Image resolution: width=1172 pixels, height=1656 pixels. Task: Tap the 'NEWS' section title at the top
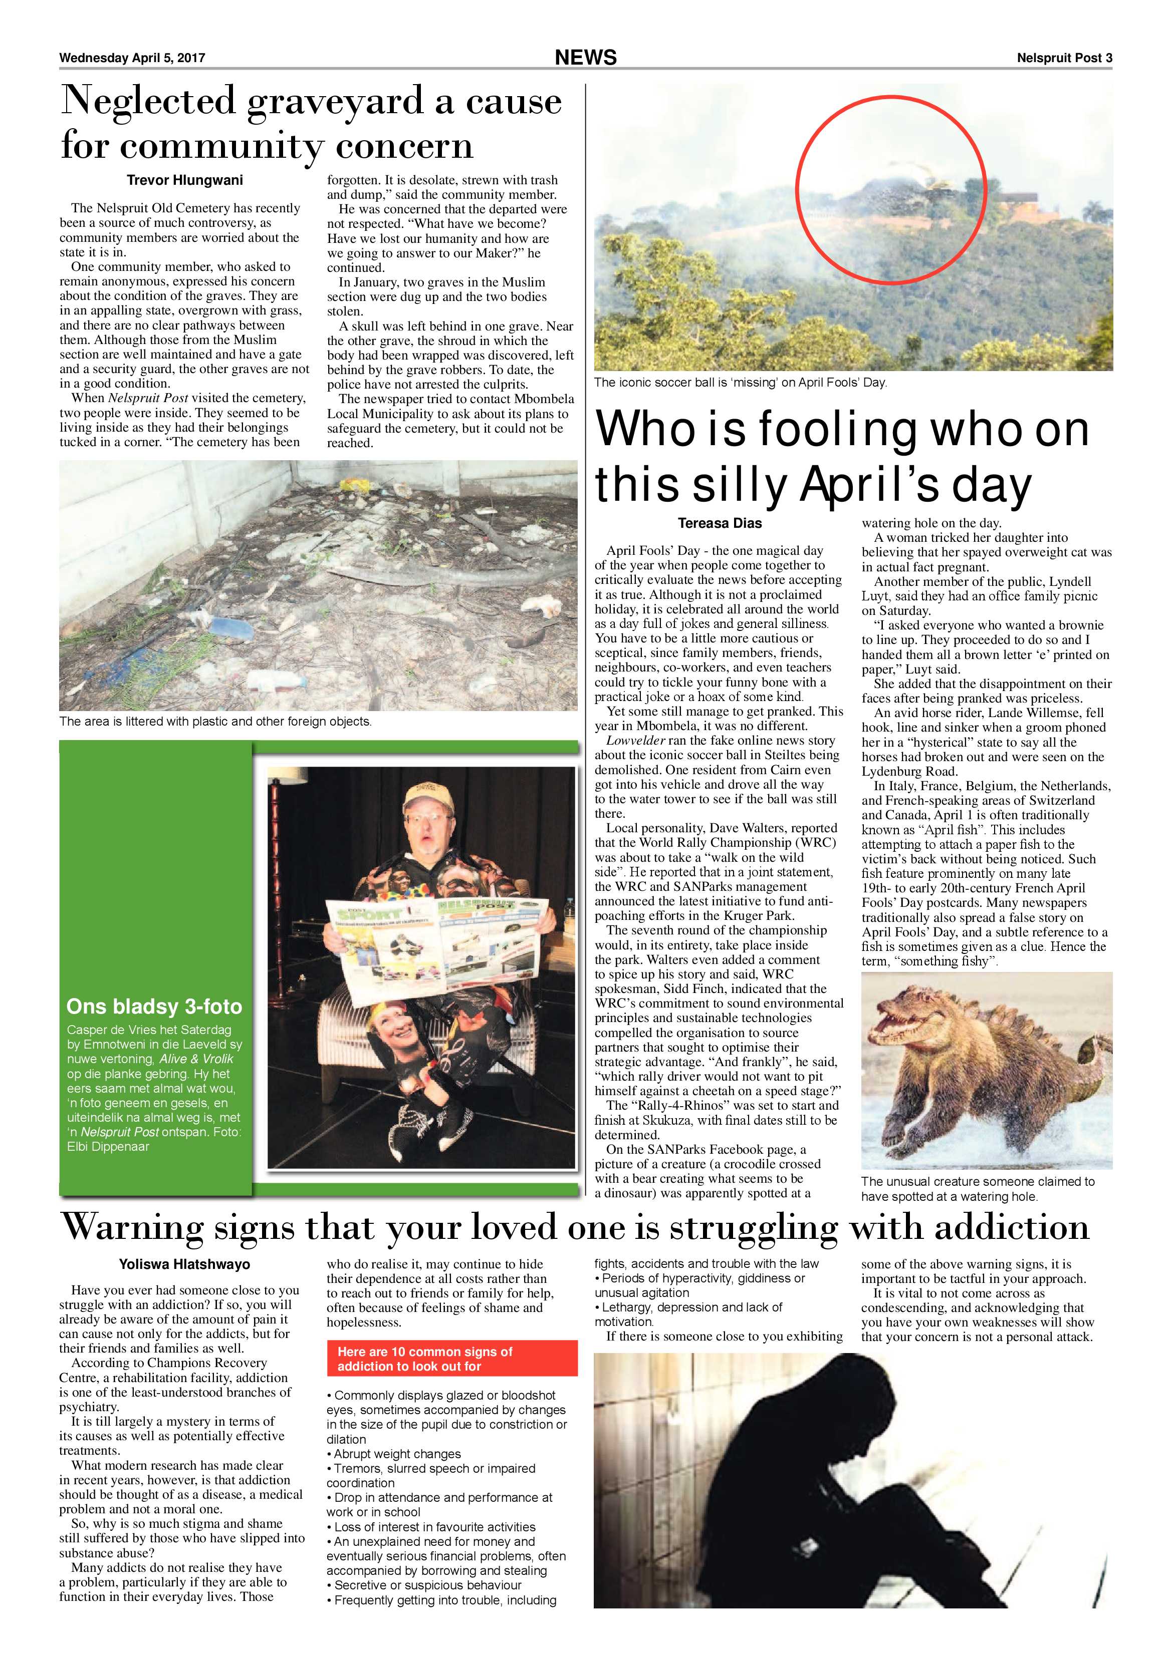point(585,58)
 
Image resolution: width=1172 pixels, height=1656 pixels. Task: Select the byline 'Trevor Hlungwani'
point(185,180)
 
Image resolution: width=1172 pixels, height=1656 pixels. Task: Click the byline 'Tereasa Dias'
point(720,523)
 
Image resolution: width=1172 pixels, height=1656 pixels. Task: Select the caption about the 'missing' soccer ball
point(740,382)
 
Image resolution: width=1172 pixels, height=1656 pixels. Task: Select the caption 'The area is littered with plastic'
point(215,721)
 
